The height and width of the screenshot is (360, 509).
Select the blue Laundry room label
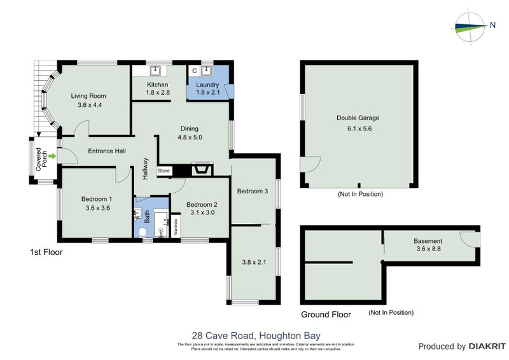pyautogui.click(x=207, y=85)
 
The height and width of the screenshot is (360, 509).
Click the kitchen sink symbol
pyautogui.click(x=157, y=71)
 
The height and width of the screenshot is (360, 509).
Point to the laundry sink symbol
pyautogui.click(x=206, y=71)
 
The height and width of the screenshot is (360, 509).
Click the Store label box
pyautogui.click(x=164, y=170)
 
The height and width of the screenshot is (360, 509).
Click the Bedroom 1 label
pyautogui.click(x=96, y=198)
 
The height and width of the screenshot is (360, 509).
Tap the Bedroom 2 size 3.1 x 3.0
pyautogui.click(x=202, y=213)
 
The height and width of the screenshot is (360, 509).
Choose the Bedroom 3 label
pyautogui.click(x=253, y=191)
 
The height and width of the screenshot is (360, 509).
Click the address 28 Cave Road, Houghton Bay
pyautogui.click(x=256, y=335)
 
